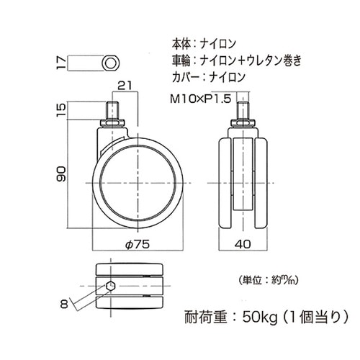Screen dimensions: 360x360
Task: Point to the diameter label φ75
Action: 137,244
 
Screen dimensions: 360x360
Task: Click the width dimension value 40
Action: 243,244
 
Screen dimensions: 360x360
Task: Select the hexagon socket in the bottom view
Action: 109,286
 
